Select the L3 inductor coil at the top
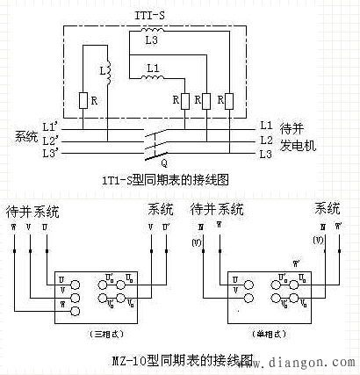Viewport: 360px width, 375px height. [152, 33]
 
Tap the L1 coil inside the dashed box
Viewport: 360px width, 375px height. [153, 76]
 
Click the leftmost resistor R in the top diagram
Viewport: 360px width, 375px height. [83, 102]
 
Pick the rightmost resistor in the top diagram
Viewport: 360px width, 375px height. [230, 102]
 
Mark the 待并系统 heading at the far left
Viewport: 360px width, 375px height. [33, 212]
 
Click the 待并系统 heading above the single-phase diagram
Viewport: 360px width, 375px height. [218, 211]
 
